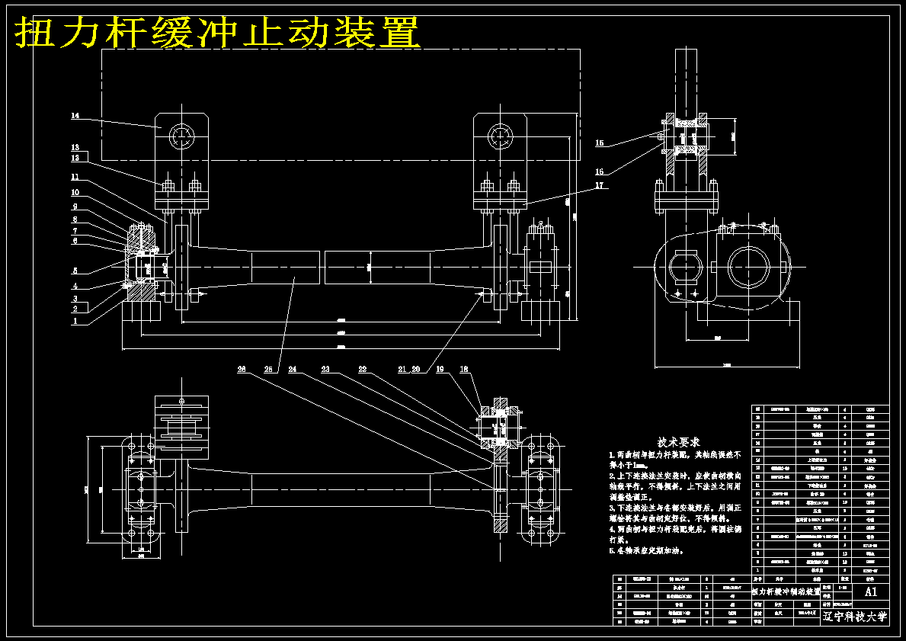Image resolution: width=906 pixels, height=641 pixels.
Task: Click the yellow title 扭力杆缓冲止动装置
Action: [x=217, y=32]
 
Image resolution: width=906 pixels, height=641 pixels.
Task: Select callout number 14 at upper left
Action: [x=75, y=117]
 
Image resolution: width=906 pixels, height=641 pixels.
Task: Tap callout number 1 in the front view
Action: [x=75, y=322]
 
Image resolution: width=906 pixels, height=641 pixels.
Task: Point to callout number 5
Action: [x=75, y=271]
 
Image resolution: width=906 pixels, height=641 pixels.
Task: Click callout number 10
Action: [x=75, y=193]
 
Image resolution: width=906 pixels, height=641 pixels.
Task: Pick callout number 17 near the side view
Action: [x=600, y=185]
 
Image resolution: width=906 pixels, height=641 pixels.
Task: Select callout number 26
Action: [x=242, y=370]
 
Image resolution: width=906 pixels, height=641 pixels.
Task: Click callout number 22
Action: [x=363, y=370]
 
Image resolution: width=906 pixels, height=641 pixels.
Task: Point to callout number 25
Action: [x=268, y=370]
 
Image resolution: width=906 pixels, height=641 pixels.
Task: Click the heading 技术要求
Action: [x=679, y=442]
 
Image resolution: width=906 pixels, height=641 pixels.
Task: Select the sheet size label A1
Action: [x=871, y=591]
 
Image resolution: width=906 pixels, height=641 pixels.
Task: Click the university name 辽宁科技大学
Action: [x=855, y=617]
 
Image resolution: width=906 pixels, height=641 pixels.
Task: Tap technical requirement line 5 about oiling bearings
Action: [x=646, y=550]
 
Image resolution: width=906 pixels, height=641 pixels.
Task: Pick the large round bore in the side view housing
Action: [x=753, y=267]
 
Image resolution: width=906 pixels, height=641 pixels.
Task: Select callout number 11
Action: [x=75, y=178]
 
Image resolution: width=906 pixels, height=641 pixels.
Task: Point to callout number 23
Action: [x=325, y=370]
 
